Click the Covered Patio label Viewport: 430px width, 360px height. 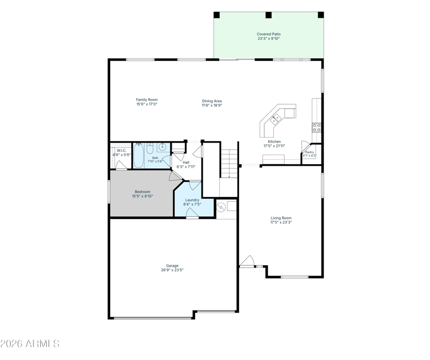click(x=268, y=34)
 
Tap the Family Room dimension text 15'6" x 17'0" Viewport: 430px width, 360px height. click(x=147, y=104)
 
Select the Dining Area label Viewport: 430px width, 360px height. click(x=212, y=101)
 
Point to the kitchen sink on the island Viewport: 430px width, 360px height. click(x=276, y=119)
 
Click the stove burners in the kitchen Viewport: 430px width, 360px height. click(x=317, y=128)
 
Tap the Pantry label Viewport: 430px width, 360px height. click(x=310, y=152)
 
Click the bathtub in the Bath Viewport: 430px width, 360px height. click(x=139, y=156)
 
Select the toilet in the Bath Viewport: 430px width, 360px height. click(x=150, y=149)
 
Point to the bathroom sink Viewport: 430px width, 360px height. click(x=163, y=147)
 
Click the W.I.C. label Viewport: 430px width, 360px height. click(x=121, y=151)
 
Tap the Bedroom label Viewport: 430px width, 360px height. click(x=142, y=192)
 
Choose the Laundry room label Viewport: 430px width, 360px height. click(x=192, y=200)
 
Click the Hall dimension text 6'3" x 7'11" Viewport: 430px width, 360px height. click(x=186, y=167)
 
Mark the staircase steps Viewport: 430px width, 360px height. click(x=230, y=164)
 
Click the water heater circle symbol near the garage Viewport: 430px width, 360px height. click(x=221, y=207)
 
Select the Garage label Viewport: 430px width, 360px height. click(x=172, y=265)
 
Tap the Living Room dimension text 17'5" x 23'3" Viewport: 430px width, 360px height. click(x=281, y=222)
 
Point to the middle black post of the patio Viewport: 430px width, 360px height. click(x=268, y=15)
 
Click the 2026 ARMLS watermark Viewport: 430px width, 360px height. click(x=30, y=343)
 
